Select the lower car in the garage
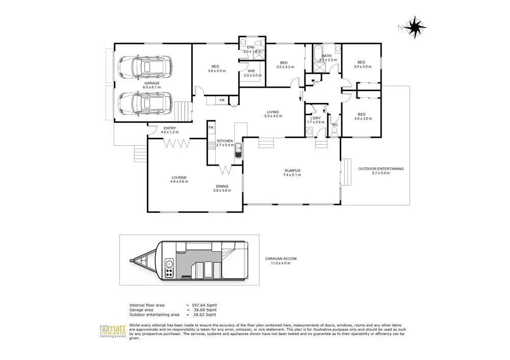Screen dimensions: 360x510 pos(145,104)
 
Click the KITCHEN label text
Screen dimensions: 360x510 pos(225,141)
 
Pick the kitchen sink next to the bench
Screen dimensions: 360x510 pos(238,152)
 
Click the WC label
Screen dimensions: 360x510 pos(335,124)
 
